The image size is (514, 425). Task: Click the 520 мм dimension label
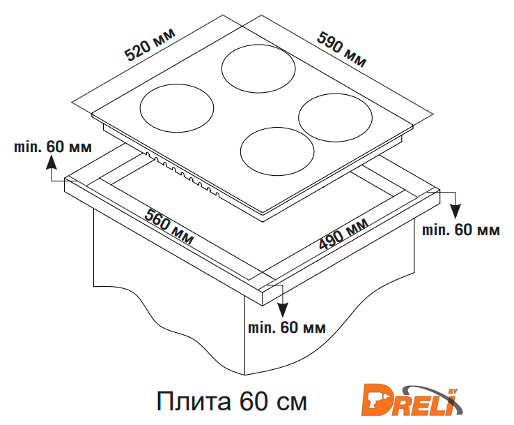pos(150,45)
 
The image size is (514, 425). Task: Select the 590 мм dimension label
pos(341,50)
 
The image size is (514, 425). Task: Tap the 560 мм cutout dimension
pos(169,226)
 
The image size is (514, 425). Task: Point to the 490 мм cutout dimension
pos(343,234)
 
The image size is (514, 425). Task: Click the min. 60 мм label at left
pos(53,147)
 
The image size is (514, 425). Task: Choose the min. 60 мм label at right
pos(461,230)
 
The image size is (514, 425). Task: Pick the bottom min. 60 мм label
pos(287,327)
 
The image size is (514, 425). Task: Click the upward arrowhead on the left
pos(51,163)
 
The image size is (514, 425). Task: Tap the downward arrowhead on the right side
pos(455,211)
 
